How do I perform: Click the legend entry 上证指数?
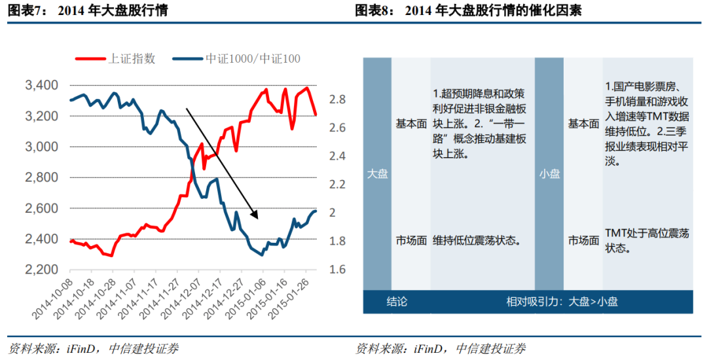point(131,59)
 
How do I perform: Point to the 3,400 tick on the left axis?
point(41,86)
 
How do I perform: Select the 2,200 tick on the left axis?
point(41,270)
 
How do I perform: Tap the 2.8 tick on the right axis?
point(336,99)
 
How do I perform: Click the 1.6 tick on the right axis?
point(336,270)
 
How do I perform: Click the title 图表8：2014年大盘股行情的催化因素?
point(468,11)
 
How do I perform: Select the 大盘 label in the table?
point(377,174)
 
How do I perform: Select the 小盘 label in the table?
point(549,174)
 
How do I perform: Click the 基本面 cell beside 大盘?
point(410,124)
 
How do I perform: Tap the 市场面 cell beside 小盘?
point(583,240)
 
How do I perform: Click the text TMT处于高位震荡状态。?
point(646,240)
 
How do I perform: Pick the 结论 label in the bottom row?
point(396,302)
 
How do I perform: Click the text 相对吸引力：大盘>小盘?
point(562,302)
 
